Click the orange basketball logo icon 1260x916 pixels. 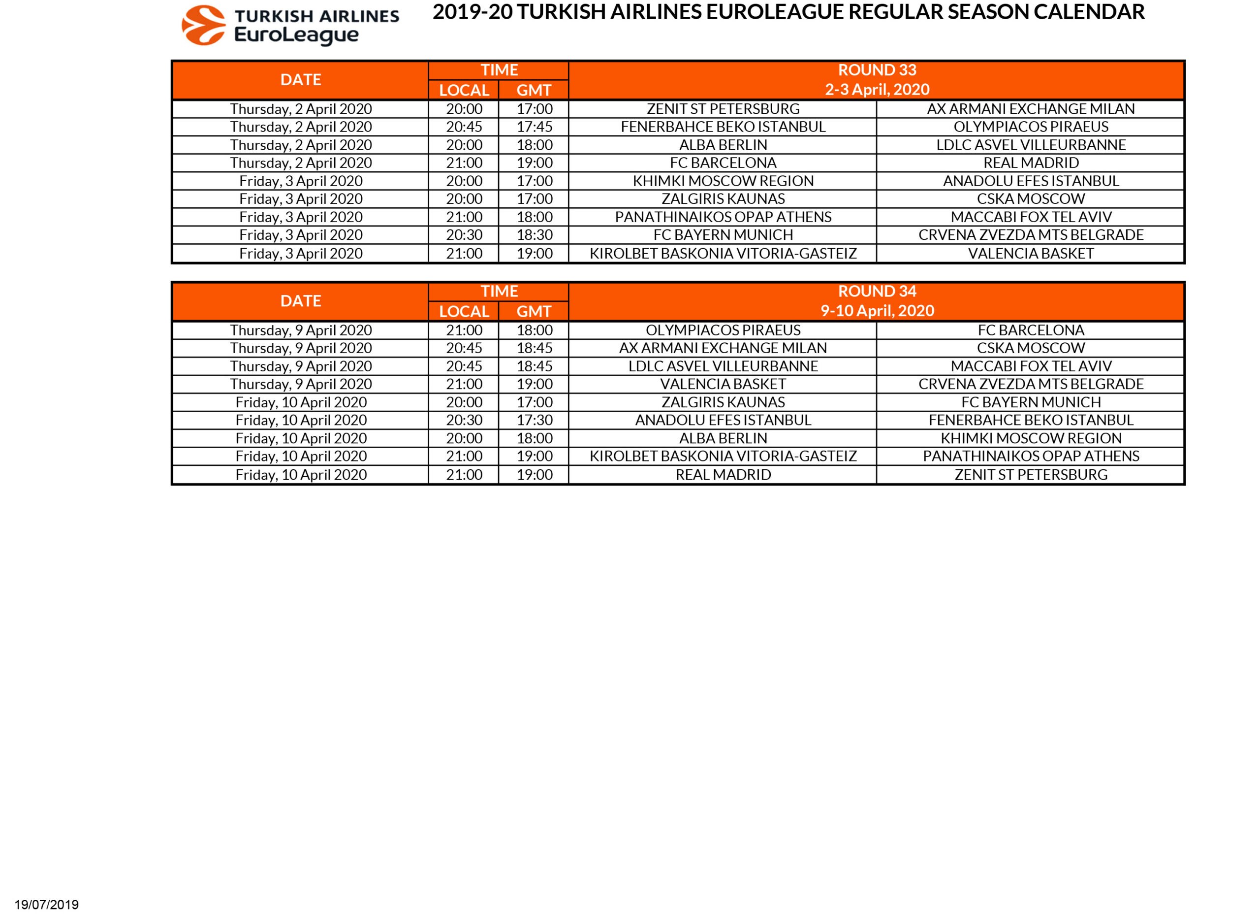click(x=203, y=25)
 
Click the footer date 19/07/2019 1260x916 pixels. click(x=47, y=905)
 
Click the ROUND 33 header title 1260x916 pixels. click(x=877, y=70)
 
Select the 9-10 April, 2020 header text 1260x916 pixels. click(x=877, y=311)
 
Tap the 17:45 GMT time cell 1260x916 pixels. click(x=535, y=127)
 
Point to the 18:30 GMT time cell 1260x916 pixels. click(x=535, y=235)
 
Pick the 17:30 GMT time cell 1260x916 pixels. click(x=535, y=420)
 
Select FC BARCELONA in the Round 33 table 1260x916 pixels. click(x=723, y=163)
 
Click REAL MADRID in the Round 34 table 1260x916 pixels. click(x=723, y=475)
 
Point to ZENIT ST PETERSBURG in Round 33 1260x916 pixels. click(x=723, y=109)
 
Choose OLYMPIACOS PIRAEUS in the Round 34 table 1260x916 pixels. click(x=723, y=330)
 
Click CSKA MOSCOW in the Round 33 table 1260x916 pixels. click(x=1031, y=199)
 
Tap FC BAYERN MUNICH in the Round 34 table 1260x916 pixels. click(x=1031, y=402)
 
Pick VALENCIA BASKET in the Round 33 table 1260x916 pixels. click(x=1031, y=254)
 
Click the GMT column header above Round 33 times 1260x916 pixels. click(x=534, y=90)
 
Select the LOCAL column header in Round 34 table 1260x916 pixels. click(x=464, y=311)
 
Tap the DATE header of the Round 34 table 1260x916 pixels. click(x=301, y=301)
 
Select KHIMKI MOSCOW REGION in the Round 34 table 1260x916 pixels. click(x=1031, y=438)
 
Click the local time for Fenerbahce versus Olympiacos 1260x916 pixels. click(x=464, y=127)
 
